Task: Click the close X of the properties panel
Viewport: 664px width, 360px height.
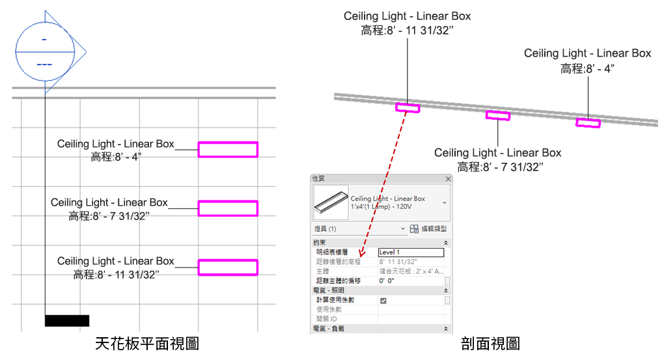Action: point(447,178)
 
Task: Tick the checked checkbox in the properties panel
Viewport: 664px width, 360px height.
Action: point(383,300)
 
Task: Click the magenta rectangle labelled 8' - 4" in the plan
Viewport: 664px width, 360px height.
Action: point(228,150)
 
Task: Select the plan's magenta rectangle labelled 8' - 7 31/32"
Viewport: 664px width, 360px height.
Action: point(228,208)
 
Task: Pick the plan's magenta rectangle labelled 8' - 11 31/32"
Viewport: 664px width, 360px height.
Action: point(228,267)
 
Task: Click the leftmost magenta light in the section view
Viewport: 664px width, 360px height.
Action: point(408,107)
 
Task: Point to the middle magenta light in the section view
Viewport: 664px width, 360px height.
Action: point(498,116)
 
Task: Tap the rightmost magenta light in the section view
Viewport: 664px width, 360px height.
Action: point(588,122)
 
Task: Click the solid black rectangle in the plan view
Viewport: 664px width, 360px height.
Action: point(67,320)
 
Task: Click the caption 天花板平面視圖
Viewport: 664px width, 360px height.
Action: point(146,343)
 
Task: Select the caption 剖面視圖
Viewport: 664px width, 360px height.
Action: point(490,343)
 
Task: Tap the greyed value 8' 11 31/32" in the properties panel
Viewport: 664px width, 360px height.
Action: point(398,262)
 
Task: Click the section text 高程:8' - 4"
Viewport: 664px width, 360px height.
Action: point(587,68)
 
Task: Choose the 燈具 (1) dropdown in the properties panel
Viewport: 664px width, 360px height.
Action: point(359,229)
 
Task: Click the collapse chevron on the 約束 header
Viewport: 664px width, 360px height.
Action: point(446,242)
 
